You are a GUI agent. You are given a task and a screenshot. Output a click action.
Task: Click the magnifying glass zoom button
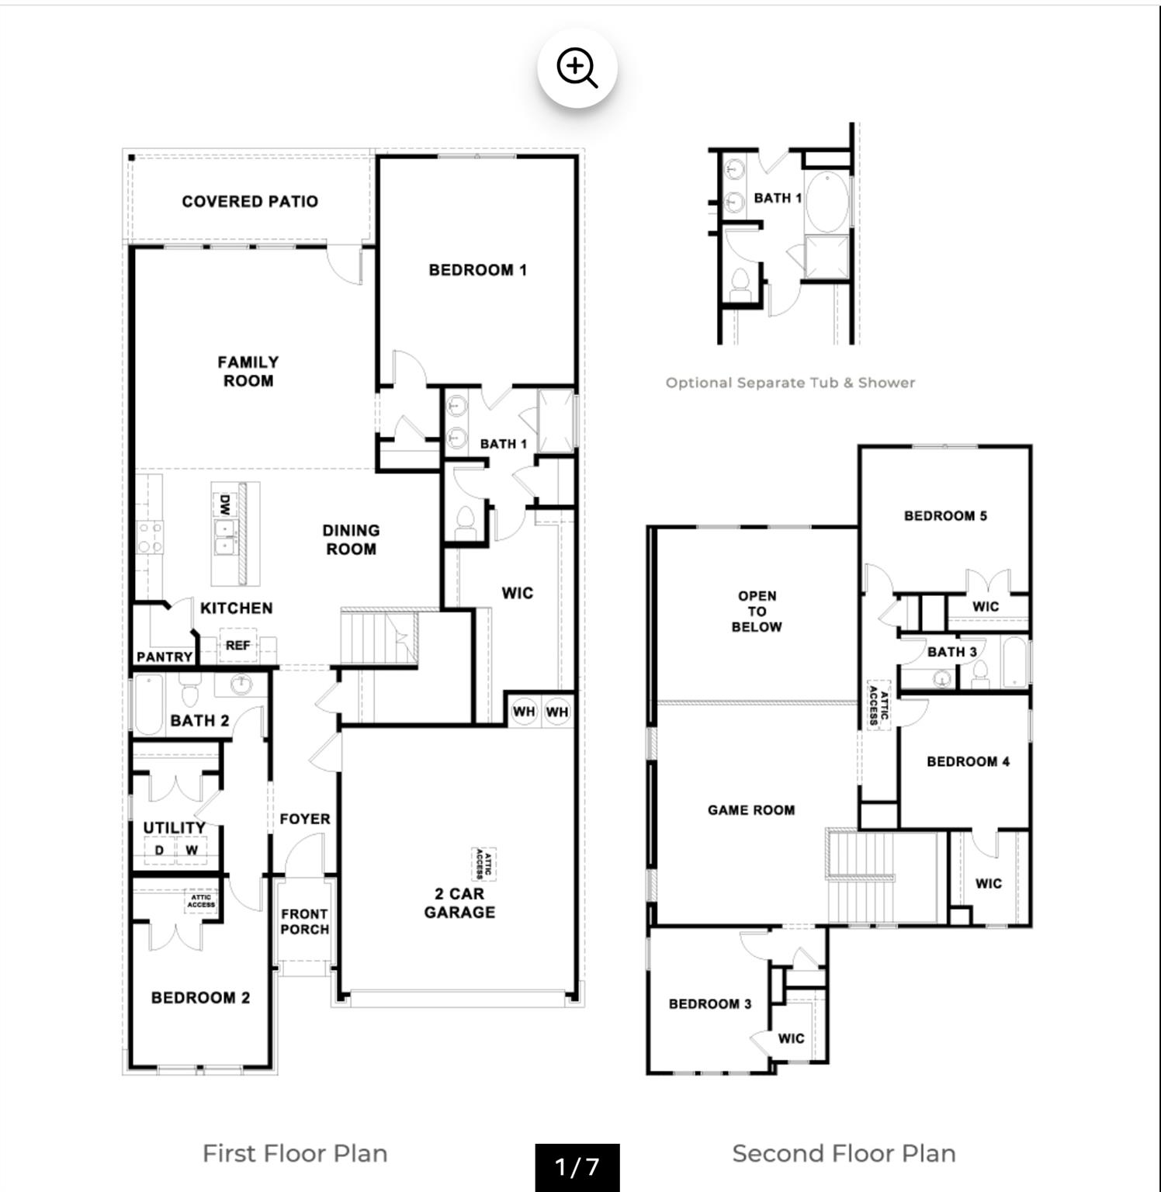[x=577, y=68]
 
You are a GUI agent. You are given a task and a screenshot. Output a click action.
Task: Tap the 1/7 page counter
[x=577, y=1166]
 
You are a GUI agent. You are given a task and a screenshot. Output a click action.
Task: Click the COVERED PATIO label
[x=250, y=202]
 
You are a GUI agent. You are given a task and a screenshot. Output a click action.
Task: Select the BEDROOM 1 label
[x=477, y=270]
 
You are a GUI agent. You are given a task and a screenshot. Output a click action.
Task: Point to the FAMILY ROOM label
[x=248, y=371]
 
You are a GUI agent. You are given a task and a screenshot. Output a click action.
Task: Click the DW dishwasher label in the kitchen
[x=224, y=505]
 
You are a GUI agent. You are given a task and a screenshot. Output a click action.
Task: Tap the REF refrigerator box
[x=237, y=645]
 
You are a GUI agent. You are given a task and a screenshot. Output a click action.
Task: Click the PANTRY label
[x=165, y=657]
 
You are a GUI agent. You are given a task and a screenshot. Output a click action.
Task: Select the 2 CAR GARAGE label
[x=459, y=903]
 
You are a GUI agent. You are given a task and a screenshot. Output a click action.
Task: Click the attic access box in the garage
[x=484, y=864]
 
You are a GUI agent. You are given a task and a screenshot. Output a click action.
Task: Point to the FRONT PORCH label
[x=304, y=921]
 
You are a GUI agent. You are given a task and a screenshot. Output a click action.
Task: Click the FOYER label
[x=305, y=819]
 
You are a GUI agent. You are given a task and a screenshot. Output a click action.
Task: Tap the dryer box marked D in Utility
[x=159, y=850]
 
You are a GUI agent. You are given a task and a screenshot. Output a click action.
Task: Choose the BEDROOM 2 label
[x=200, y=998]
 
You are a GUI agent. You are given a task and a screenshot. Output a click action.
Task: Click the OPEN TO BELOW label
[x=757, y=611]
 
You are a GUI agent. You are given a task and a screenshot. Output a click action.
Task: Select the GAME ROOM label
[x=750, y=810]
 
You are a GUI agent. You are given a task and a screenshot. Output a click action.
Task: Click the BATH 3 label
[x=951, y=652]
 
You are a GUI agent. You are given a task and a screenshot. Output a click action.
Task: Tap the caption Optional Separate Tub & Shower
[x=790, y=383]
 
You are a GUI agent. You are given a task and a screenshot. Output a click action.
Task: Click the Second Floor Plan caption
[x=844, y=1153]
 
